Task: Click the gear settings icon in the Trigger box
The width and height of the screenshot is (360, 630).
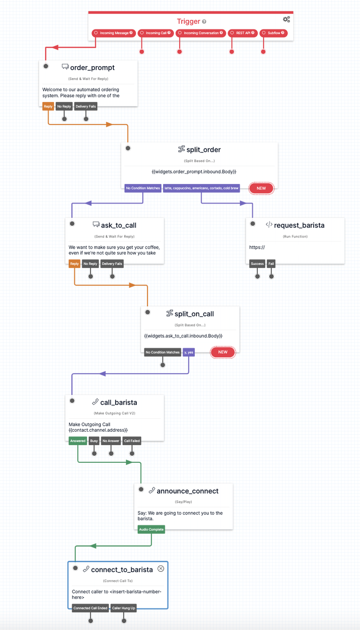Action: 286,19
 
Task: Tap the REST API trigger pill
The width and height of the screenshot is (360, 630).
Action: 243,33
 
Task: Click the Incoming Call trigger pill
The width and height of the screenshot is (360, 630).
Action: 156,33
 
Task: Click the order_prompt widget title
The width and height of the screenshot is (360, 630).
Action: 92,67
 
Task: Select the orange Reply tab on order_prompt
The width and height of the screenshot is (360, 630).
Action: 48,107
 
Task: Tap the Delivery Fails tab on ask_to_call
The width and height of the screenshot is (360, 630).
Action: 112,264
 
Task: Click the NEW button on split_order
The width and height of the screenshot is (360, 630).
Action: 261,188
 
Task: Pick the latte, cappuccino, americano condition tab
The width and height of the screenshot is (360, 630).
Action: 202,188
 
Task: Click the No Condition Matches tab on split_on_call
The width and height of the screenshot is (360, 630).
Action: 162,352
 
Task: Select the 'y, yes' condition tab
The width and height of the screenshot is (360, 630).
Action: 189,352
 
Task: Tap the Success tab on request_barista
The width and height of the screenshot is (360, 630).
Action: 257,264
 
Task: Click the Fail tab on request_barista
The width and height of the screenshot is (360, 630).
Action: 271,264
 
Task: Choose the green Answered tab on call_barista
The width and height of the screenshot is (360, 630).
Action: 78,441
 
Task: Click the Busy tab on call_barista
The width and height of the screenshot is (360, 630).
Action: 94,441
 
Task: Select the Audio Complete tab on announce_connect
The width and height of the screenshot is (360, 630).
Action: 151,529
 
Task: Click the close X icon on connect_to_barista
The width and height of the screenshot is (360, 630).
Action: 161,569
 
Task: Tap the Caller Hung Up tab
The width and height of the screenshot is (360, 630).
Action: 123,608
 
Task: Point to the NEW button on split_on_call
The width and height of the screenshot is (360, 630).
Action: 223,352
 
